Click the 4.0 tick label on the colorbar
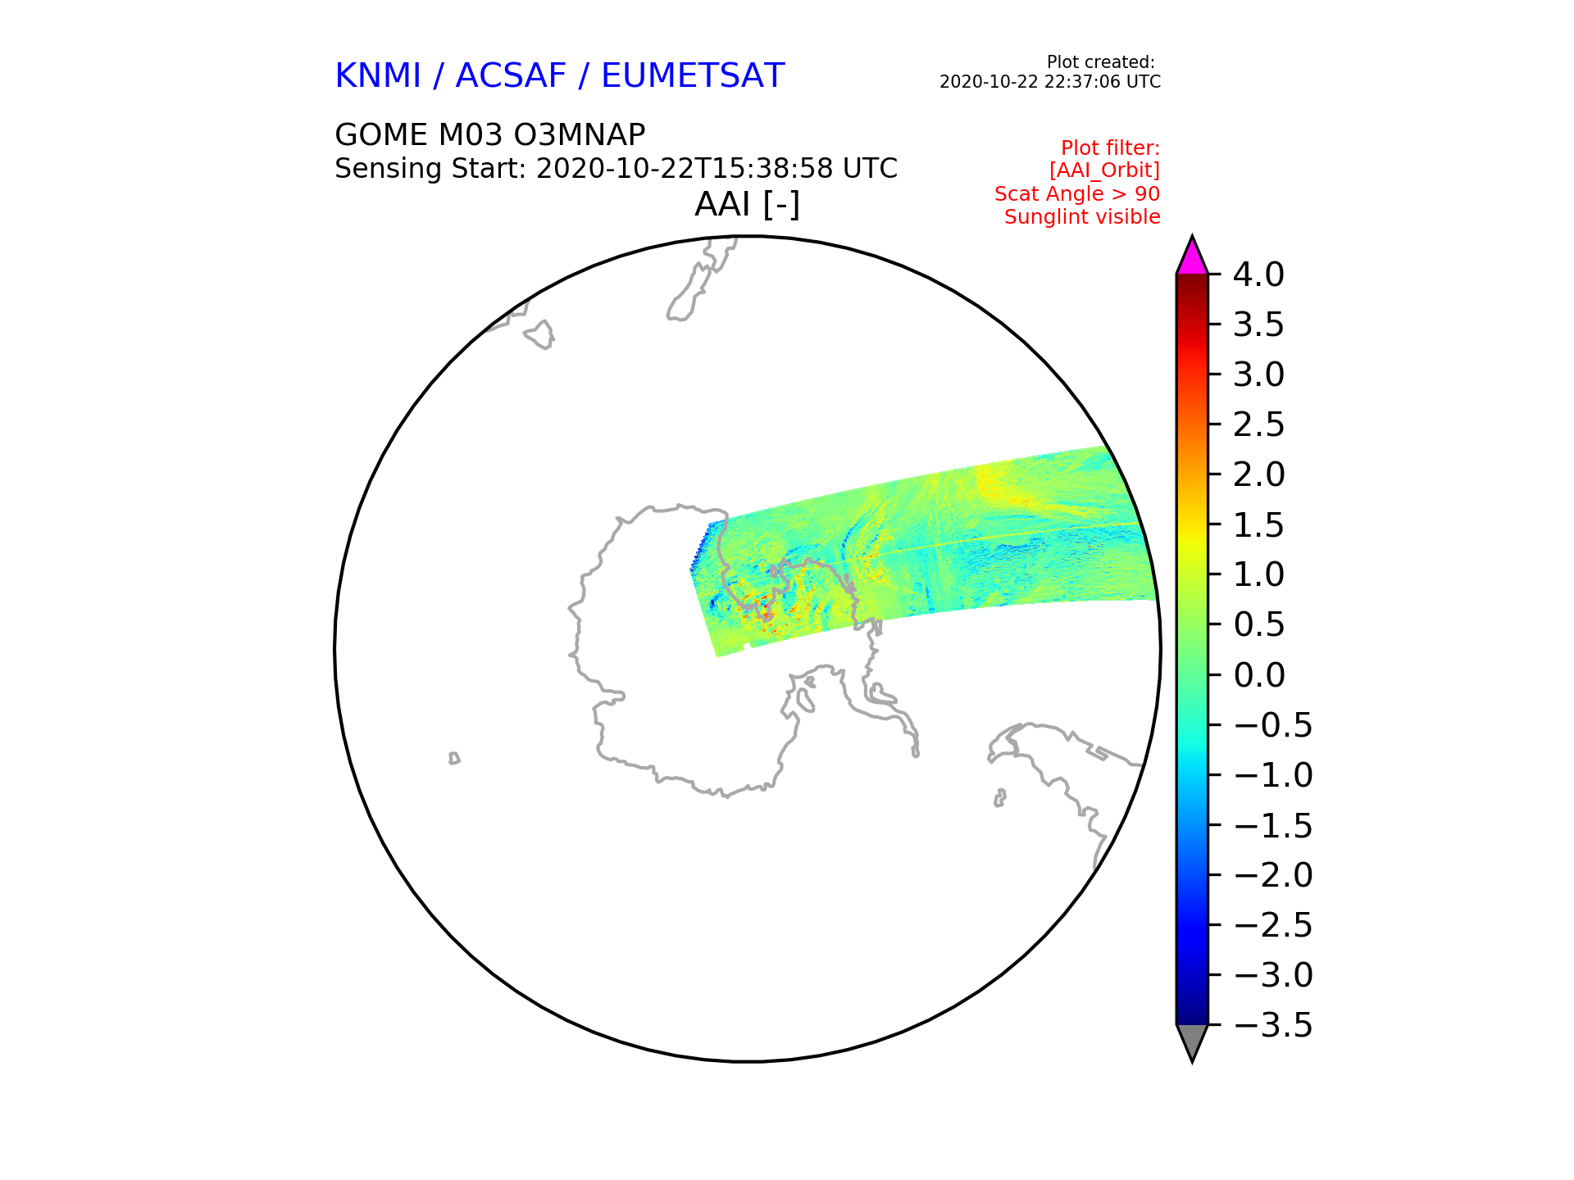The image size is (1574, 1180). pos(1258,275)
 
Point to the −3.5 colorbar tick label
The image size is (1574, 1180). pos(1273,1025)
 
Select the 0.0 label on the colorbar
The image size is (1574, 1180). pos(1258,675)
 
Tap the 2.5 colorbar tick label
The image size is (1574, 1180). pos(1258,424)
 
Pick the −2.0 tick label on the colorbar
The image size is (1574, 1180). pos(1273,875)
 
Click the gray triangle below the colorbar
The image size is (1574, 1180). pos(1192,1042)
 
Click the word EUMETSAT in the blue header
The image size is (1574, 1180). pos(693,75)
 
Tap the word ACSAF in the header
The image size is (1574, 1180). pos(511,75)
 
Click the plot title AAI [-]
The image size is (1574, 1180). pos(747,204)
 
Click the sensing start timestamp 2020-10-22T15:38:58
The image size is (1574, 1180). pos(682,169)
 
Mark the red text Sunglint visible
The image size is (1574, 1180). pos(1082,217)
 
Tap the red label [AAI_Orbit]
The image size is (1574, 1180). pos(1104,170)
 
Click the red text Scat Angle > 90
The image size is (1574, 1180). pos(1077,194)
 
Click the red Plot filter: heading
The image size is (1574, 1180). pos(1111,148)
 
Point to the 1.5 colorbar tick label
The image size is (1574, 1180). pos(1258,525)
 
